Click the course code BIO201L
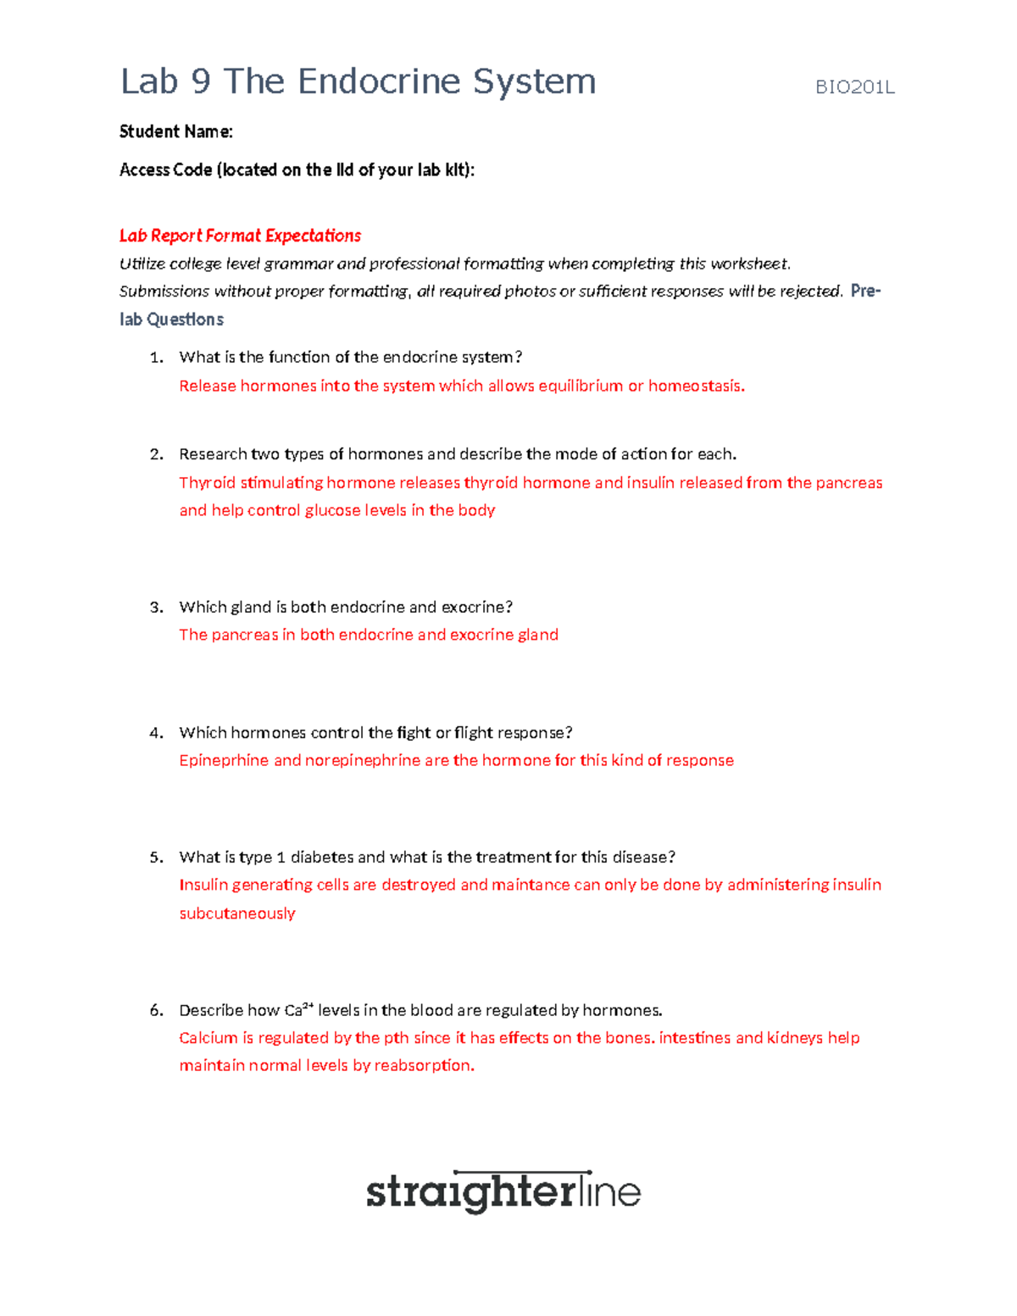(x=854, y=87)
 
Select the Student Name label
(x=175, y=131)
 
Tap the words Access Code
(x=165, y=169)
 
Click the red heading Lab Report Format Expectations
(x=240, y=236)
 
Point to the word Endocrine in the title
(x=379, y=82)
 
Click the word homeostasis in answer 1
(x=696, y=386)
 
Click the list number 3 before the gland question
(x=155, y=608)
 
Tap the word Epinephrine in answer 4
(x=224, y=760)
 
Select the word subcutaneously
(x=237, y=913)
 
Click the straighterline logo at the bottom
(x=503, y=1191)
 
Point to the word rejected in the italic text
(x=810, y=292)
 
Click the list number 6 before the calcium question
(x=155, y=1010)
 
